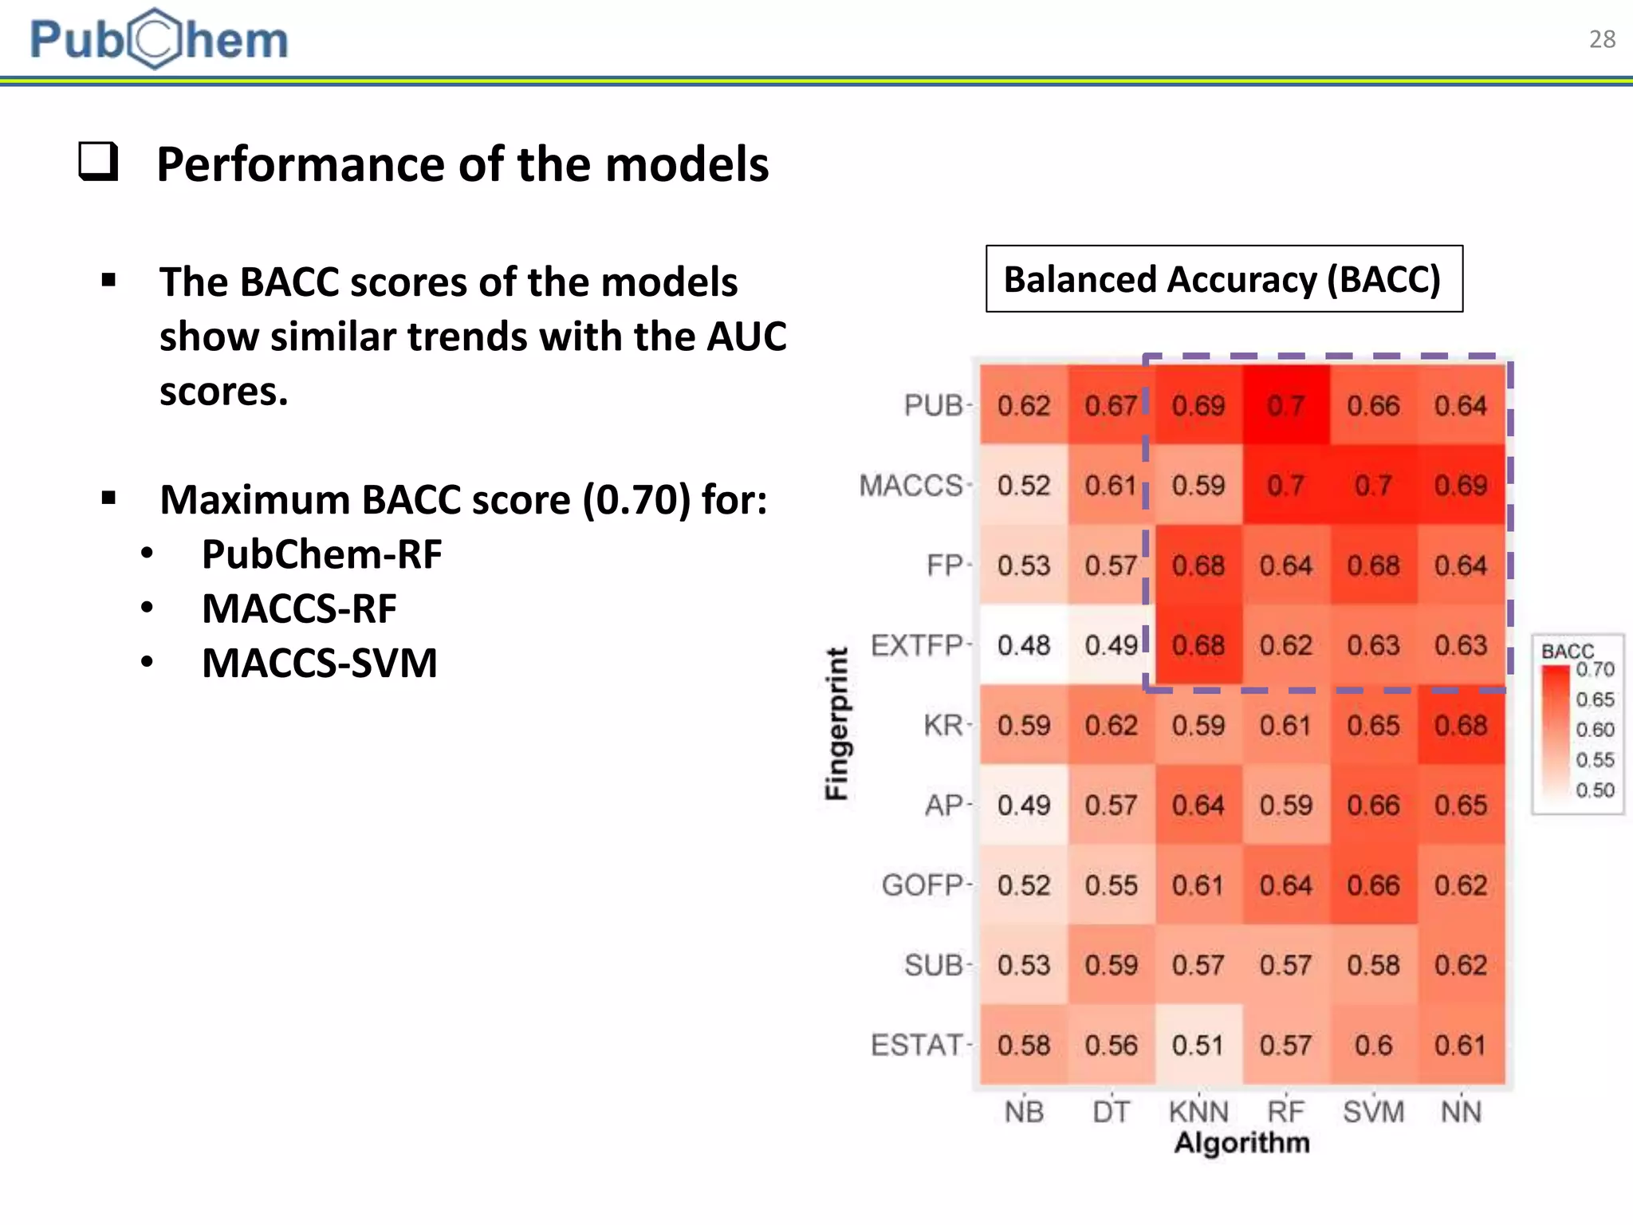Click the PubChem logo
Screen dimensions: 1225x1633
tap(159, 38)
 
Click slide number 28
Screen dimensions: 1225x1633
tap(1601, 39)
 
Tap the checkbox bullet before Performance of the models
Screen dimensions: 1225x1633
tap(99, 162)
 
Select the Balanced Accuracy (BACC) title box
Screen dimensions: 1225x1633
tap(1223, 279)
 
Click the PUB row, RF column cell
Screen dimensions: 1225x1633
tap(1285, 405)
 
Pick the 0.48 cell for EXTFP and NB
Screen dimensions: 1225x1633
tap(1023, 644)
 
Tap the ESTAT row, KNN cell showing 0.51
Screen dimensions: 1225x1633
tap(1198, 1045)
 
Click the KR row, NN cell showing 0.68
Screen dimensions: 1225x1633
tap(1460, 725)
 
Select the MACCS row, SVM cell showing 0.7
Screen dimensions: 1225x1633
tap(1373, 485)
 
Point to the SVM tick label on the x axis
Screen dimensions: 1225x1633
tap(1373, 1111)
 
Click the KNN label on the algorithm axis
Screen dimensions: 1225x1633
tap(1198, 1111)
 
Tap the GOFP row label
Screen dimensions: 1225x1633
tap(922, 884)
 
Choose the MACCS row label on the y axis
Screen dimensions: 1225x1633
tap(911, 485)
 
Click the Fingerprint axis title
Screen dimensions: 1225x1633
tap(836, 723)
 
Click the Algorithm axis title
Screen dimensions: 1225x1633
tap(1241, 1143)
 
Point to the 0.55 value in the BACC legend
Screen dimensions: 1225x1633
tap(1594, 759)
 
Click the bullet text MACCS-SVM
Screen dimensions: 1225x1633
tap(319, 663)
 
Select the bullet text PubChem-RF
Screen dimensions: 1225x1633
tap(321, 554)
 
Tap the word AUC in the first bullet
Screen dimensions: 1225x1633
tap(746, 336)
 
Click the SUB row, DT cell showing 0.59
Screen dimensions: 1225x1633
tap(1111, 965)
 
